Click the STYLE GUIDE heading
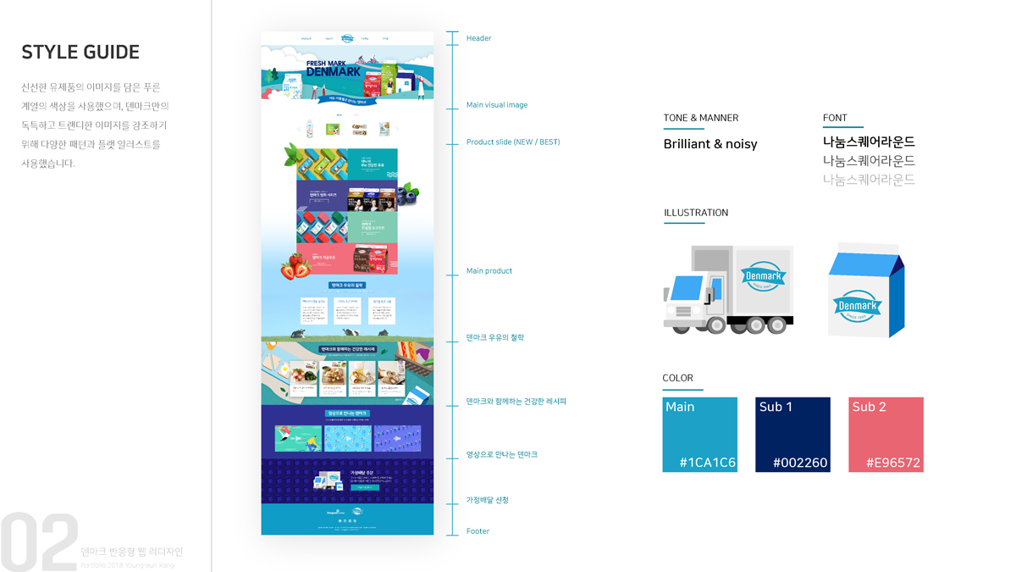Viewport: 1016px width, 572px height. (80, 52)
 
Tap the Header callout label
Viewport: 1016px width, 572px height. (478, 38)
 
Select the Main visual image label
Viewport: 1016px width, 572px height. (496, 105)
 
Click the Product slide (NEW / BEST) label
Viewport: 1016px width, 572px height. (512, 142)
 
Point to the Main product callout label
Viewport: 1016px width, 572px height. (489, 271)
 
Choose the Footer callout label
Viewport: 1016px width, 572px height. (478, 531)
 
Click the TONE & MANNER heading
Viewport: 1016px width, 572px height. (700, 118)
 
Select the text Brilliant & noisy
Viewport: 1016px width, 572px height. (710, 144)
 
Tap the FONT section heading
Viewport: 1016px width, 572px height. (834, 118)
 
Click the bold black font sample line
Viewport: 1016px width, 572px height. (869, 142)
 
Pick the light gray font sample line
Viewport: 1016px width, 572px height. (869, 180)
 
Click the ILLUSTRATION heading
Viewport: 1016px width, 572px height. (695, 213)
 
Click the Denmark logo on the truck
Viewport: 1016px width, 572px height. (764, 276)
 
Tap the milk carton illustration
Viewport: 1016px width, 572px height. (864, 290)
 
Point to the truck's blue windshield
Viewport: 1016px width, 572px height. (687, 287)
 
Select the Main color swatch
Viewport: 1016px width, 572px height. (699, 435)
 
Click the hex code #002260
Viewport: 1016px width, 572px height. (800, 463)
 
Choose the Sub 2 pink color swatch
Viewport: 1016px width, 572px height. (886, 435)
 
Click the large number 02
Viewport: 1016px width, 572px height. (38, 542)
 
